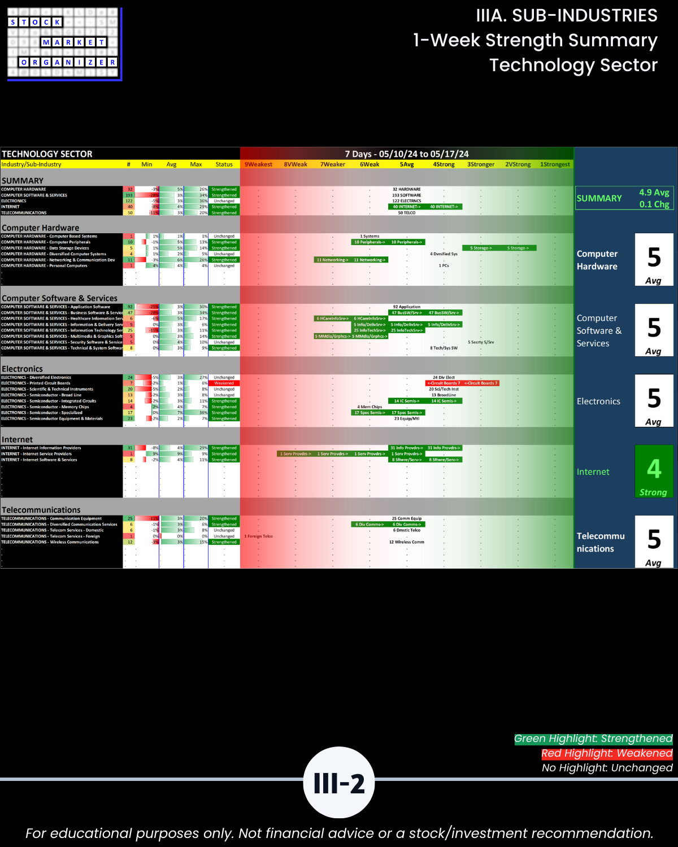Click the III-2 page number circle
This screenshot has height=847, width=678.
coord(339,783)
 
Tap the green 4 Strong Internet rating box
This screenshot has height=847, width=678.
coord(654,471)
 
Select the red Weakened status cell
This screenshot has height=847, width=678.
coord(224,383)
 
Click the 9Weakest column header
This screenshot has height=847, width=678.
coord(258,164)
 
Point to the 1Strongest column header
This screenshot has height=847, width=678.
coord(555,164)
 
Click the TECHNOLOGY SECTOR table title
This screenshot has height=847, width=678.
coord(47,154)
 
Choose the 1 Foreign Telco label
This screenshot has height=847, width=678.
coord(258,536)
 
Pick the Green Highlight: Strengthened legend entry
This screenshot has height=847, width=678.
coord(593,739)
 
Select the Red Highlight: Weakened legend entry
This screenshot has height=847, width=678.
coord(607,753)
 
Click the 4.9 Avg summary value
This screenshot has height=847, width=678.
coord(654,193)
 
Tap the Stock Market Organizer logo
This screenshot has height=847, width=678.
coord(64,43)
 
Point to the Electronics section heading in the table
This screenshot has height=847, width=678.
coord(22,369)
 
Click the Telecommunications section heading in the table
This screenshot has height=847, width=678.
coord(41,510)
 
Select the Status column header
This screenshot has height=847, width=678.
coord(224,164)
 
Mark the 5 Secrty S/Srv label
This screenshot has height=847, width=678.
coord(481,342)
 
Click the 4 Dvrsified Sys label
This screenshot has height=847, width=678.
coord(444,254)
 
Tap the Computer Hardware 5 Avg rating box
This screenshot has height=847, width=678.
coord(654,260)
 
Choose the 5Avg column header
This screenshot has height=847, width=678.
coord(407,164)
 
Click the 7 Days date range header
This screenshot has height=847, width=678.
coord(407,154)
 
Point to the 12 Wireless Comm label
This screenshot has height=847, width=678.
coord(406,542)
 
